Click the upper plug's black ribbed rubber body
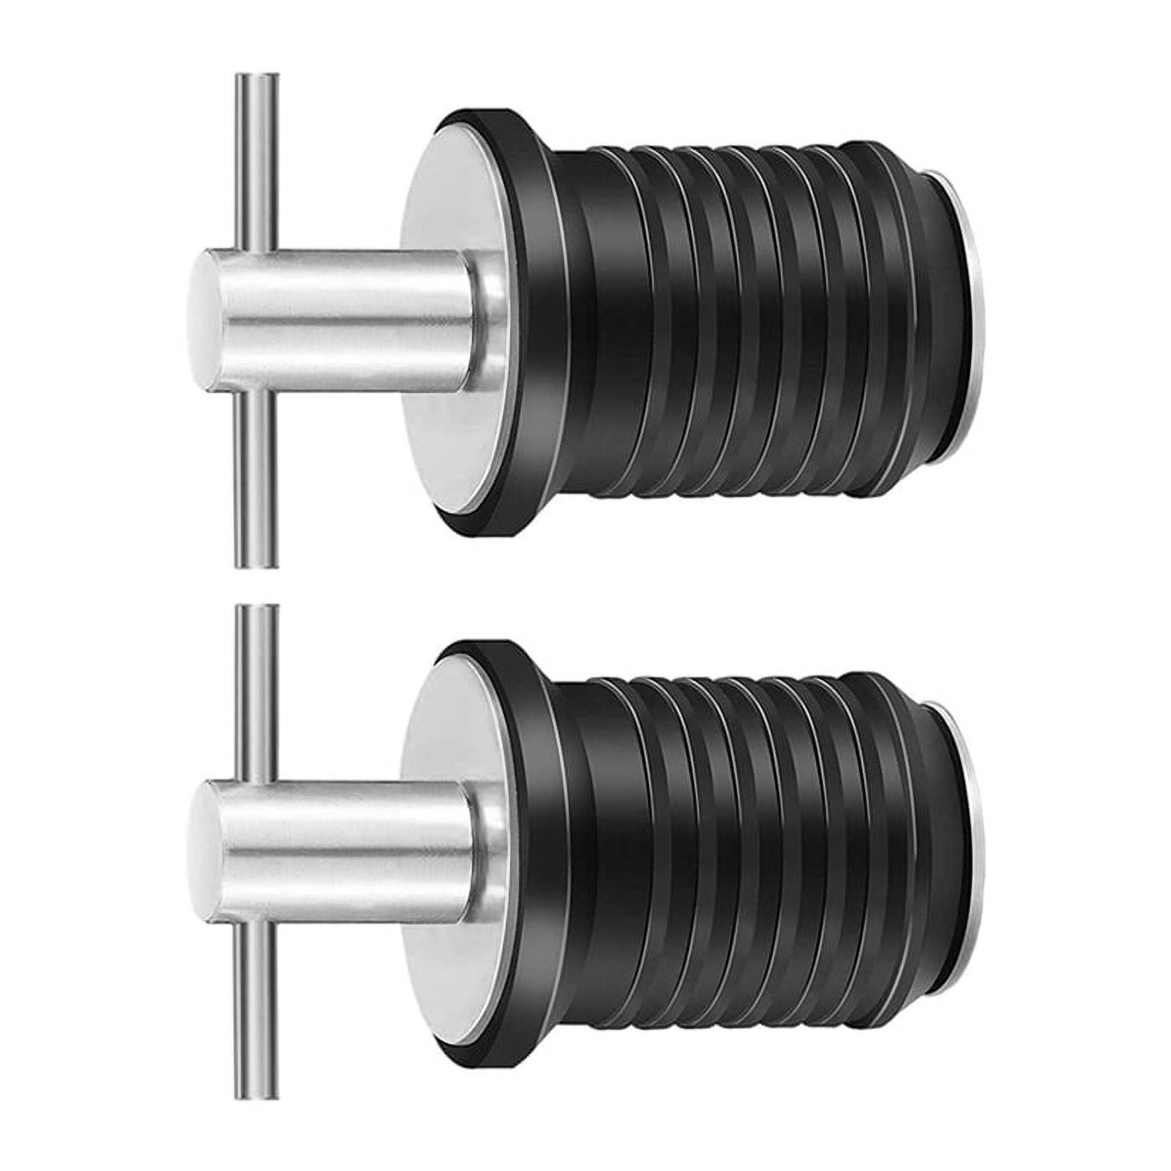tap(732, 322)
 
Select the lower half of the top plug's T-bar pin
tap(256, 476)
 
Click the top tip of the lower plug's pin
tap(256, 608)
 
